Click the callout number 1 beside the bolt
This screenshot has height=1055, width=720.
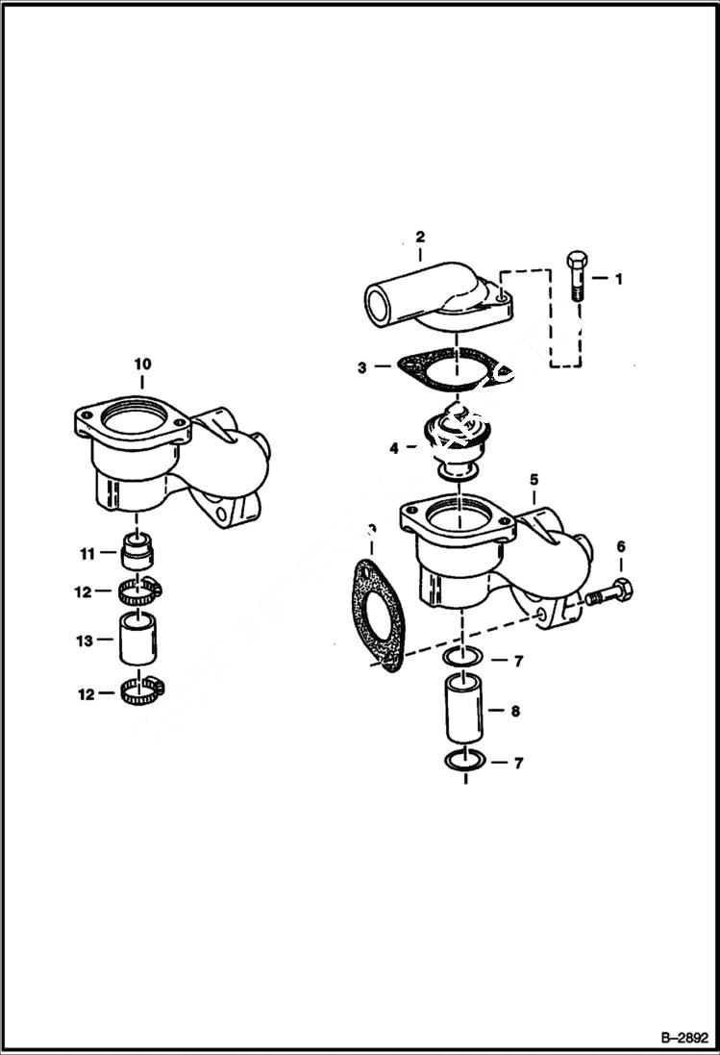click(618, 279)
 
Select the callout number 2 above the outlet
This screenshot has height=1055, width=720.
click(420, 236)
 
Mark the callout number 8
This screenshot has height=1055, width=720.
click(516, 713)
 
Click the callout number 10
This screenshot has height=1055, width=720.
click(142, 364)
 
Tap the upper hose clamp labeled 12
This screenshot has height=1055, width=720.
click(139, 591)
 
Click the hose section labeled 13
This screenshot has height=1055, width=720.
click(138, 640)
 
